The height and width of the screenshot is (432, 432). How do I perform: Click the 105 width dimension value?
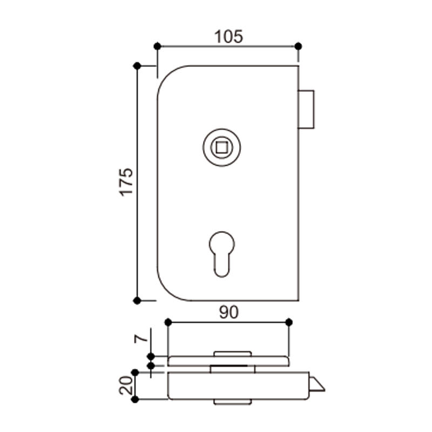pos(228,36)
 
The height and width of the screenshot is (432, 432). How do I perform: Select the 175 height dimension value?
pos(126,182)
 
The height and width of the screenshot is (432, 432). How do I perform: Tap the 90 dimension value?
pos(229,313)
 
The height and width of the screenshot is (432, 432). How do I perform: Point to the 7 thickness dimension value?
pos(141,339)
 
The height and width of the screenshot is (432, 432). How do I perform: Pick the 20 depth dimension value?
pos(126,385)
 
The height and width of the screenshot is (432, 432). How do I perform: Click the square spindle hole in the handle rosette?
pos(221,147)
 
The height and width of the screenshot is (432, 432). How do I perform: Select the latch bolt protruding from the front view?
pos(306,110)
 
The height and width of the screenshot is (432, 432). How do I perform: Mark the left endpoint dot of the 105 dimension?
pos(157,46)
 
